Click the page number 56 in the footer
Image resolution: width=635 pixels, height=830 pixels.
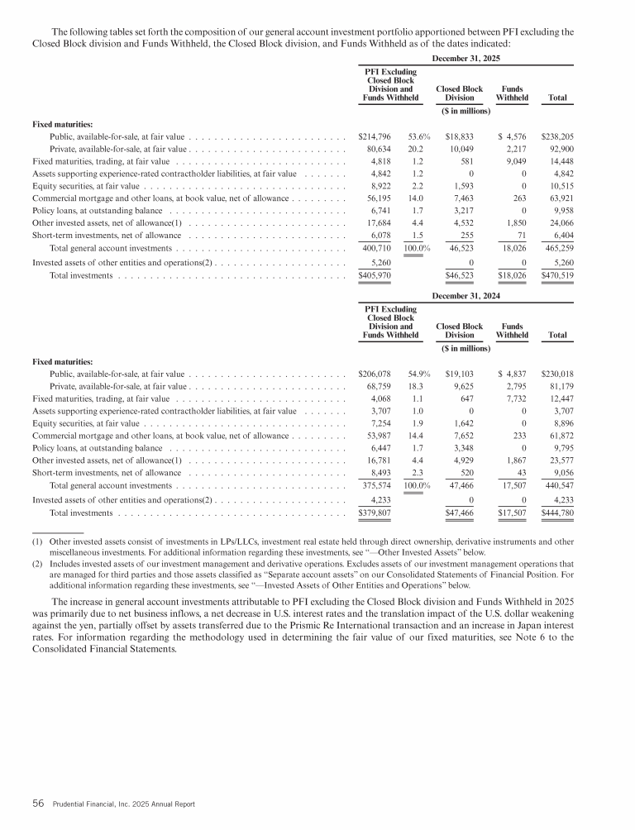(x=37, y=803)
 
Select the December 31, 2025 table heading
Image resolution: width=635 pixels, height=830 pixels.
(x=466, y=59)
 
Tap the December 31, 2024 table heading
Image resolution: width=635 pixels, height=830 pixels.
(x=466, y=295)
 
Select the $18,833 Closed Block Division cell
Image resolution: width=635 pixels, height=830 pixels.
(x=460, y=136)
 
